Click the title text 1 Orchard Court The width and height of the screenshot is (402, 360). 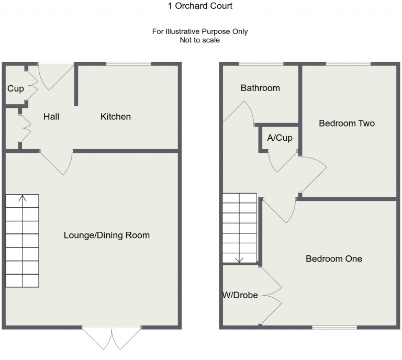(x=201, y=6)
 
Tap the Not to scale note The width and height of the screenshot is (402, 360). (x=199, y=40)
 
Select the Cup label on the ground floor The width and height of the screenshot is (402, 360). (x=15, y=88)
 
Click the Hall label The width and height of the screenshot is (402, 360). (x=51, y=116)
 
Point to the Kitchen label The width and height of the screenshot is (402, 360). (x=116, y=116)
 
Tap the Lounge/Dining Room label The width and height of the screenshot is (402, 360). (x=107, y=235)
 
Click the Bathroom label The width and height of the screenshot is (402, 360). (x=260, y=88)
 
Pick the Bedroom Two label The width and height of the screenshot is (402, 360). (x=347, y=123)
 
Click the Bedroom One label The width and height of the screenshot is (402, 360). (x=334, y=258)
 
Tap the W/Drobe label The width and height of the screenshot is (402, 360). (x=240, y=295)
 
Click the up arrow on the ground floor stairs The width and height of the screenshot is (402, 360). (x=23, y=199)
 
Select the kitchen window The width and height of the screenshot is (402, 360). (x=128, y=64)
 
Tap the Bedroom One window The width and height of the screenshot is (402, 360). (x=334, y=328)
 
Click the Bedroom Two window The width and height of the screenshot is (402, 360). (x=348, y=64)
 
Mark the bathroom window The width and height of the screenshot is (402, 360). (x=261, y=64)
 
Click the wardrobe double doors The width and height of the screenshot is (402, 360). (x=272, y=296)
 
